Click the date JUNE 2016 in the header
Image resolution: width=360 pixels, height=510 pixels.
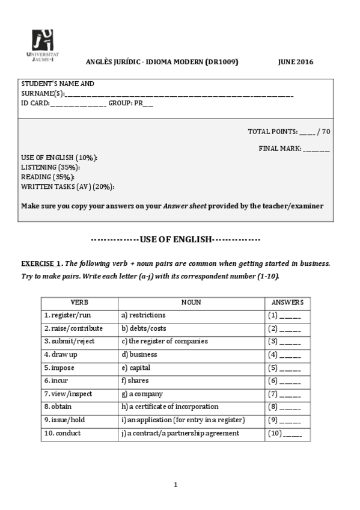(x=296, y=62)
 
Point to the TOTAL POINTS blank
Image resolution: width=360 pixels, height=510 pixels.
(x=307, y=132)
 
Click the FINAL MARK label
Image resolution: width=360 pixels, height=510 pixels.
(x=280, y=149)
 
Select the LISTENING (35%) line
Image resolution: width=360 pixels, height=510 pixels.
(x=50, y=167)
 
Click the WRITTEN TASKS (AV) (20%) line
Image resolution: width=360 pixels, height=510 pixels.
(x=67, y=186)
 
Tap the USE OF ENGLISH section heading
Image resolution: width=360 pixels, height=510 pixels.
(x=175, y=239)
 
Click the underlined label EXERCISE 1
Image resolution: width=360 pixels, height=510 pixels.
(x=41, y=263)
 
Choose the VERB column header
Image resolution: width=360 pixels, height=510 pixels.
(x=79, y=303)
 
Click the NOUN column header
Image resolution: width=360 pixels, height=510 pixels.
(x=191, y=303)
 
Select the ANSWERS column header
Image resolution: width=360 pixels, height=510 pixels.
(x=287, y=303)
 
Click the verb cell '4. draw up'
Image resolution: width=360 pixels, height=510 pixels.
(x=61, y=354)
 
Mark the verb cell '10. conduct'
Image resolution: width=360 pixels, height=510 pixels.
(x=63, y=433)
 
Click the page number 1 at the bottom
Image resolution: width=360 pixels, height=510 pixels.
(x=175, y=485)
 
